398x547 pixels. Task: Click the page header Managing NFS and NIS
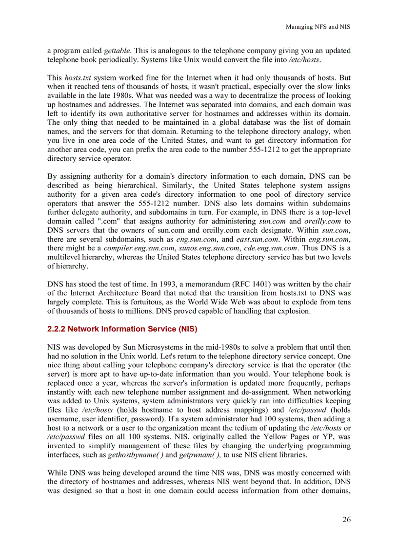point(318,27)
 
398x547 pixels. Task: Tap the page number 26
point(346,519)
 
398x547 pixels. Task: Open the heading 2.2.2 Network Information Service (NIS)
point(122,329)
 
